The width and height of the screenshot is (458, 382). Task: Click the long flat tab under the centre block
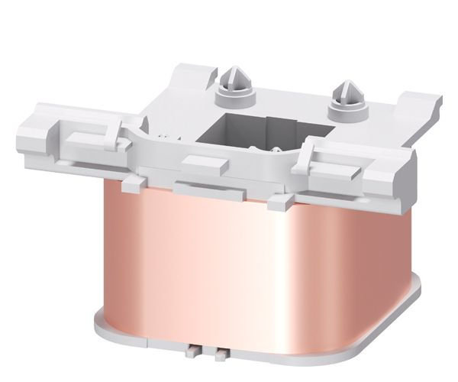pyautogui.click(x=200, y=188)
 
